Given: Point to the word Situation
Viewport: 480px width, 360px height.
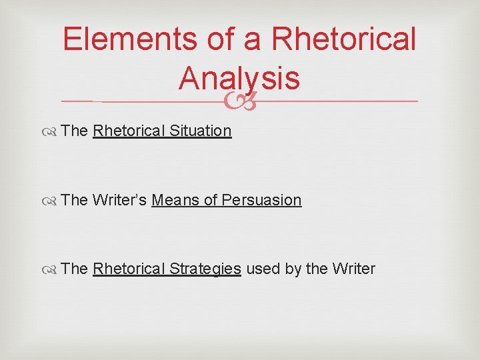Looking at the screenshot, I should coord(200,131).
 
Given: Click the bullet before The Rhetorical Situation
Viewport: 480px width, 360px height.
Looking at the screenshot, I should coord(52,131).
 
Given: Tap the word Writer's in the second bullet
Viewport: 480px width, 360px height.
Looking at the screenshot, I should coord(120,200).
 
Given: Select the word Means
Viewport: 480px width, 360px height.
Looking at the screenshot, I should coord(175,200).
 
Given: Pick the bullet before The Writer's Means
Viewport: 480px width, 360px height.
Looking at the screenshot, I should coord(52,201).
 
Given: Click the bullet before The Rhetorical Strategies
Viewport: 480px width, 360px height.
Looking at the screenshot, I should coord(52,269).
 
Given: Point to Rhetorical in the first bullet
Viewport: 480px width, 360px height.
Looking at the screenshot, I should coord(129,131).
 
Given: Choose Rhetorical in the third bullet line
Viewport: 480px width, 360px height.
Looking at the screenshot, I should coord(129,269).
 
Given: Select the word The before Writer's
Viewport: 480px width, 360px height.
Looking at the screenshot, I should coord(75,200).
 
